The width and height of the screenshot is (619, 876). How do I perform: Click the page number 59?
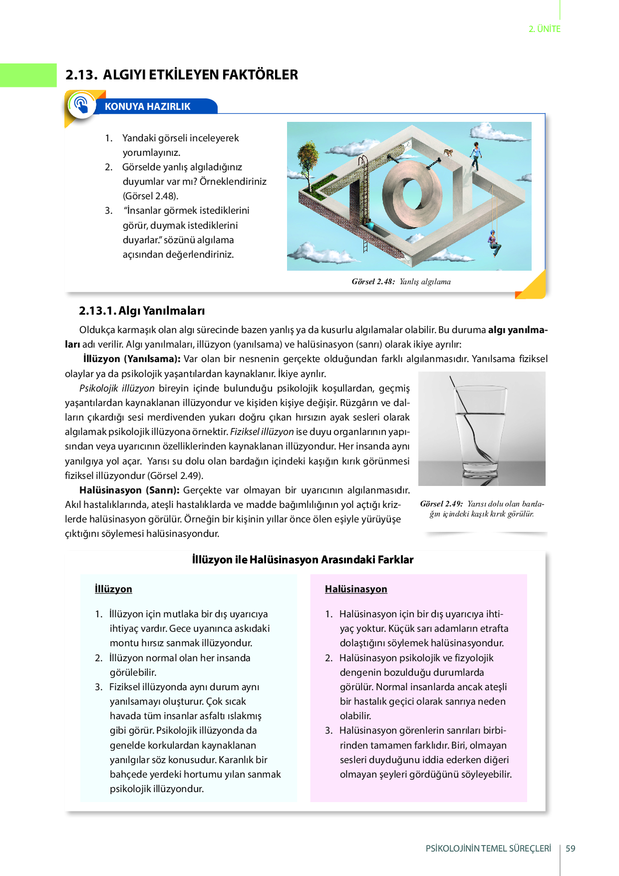(571, 848)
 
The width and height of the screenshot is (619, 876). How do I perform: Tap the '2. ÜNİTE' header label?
(545, 29)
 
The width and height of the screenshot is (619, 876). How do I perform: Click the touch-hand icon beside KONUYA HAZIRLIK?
(81, 104)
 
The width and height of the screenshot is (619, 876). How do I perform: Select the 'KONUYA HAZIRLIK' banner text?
(148, 106)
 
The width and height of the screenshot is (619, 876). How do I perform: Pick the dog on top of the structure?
(449, 152)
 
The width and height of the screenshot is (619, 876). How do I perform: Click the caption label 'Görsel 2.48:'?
(373, 282)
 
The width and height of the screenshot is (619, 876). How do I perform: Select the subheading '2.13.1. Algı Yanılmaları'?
(142, 311)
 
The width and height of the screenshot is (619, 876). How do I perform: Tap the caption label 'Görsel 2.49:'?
(442, 504)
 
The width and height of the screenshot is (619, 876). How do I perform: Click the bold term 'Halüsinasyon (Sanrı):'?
(129, 490)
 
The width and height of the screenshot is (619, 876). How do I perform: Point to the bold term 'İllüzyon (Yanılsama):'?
(132, 359)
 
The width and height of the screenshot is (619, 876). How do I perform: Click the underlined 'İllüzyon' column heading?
(113, 589)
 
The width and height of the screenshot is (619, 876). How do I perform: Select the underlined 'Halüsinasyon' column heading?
(356, 589)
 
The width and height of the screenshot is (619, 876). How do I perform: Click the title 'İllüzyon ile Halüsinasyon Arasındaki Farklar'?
(303, 559)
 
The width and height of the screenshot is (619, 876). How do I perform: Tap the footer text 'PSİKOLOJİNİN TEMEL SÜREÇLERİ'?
(488, 848)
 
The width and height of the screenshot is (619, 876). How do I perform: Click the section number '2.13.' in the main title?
(81, 75)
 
